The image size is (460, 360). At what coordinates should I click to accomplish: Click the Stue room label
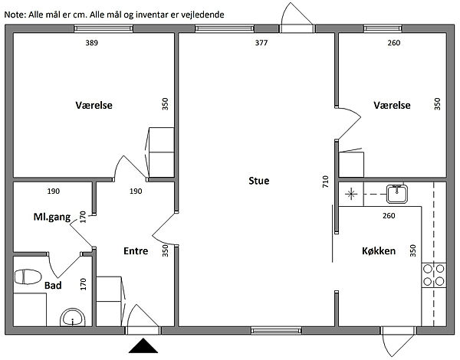(x=259, y=181)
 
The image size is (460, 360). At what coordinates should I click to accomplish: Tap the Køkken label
(x=379, y=251)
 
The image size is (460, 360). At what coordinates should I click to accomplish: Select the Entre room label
(x=136, y=251)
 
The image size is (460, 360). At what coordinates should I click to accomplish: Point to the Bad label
(x=53, y=285)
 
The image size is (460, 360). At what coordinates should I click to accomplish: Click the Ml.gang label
(x=52, y=218)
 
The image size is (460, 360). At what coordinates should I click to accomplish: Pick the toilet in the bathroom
(x=28, y=277)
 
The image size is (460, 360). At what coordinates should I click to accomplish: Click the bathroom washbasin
(x=73, y=317)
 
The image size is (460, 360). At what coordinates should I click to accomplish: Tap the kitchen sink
(x=397, y=194)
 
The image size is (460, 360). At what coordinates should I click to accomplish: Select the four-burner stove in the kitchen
(x=434, y=275)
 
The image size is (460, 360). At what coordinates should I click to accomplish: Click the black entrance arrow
(x=143, y=345)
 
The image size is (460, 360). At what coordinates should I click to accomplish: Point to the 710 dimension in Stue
(x=325, y=182)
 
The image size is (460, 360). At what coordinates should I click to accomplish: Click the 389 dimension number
(x=91, y=43)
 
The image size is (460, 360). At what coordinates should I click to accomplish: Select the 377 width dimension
(x=261, y=43)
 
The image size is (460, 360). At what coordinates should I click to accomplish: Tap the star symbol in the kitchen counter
(x=351, y=194)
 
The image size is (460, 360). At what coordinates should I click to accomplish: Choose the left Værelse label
(x=94, y=105)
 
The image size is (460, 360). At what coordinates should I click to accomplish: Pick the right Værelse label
(x=392, y=105)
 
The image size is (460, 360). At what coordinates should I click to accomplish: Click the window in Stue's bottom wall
(x=276, y=331)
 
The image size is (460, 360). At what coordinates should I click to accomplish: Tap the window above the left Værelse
(x=103, y=28)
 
